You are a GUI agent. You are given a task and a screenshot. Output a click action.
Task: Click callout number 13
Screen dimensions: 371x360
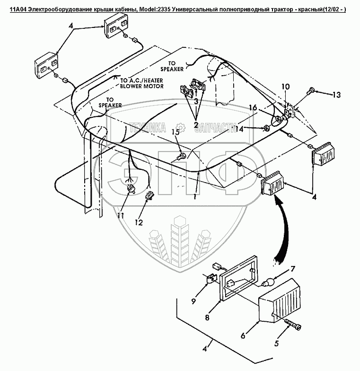coord(335,95)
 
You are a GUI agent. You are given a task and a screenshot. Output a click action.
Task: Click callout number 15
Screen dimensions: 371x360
coord(176,133)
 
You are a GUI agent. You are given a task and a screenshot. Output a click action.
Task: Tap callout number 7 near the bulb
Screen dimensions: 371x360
coord(292,269)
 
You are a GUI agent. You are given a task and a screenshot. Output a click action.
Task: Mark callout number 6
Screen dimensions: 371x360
coord(243,336)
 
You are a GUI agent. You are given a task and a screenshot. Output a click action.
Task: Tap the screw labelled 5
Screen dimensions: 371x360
coord(295,326)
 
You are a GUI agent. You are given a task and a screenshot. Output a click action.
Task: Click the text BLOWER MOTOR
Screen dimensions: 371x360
coord(142,86)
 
